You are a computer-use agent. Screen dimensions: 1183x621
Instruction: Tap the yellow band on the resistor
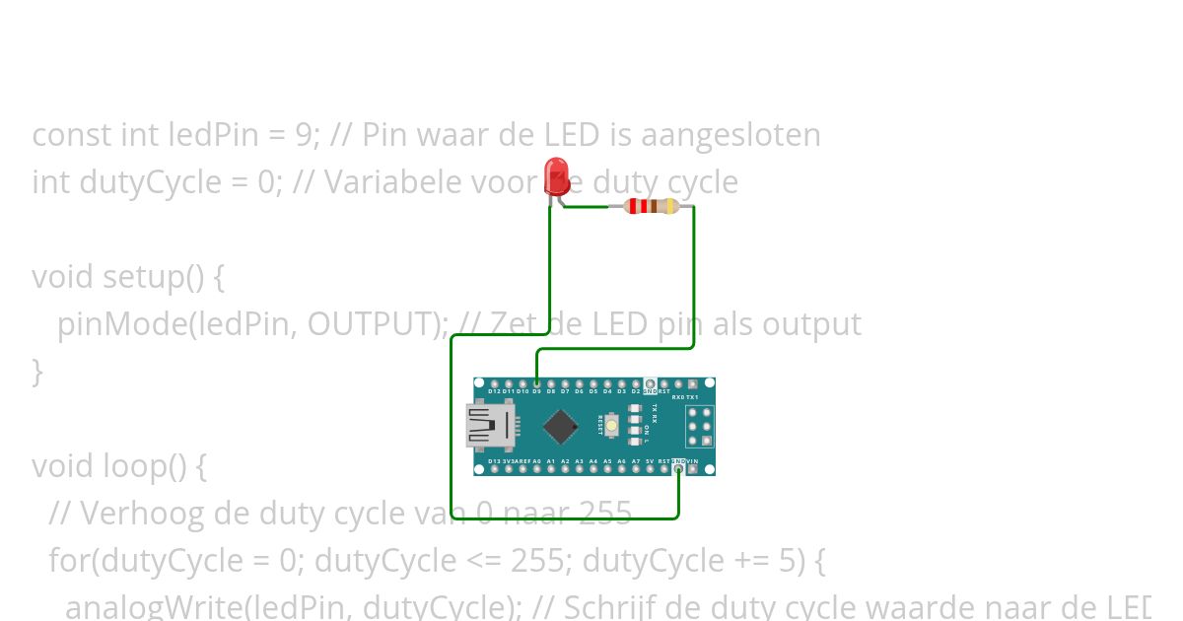[671, 206]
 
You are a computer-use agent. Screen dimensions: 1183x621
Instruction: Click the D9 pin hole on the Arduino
[536, 383]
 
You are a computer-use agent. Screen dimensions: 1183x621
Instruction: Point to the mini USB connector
[490, 426]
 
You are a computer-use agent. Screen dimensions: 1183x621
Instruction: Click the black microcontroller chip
[560, 426]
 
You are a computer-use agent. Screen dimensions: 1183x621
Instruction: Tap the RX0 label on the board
[678, 397]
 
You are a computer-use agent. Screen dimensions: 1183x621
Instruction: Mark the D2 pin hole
[636, 383]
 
